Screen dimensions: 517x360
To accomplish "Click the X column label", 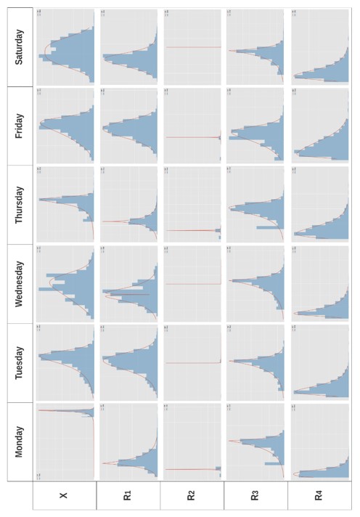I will point(65,496).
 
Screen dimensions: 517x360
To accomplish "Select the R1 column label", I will point(128,496).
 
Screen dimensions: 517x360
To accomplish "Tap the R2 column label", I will point(192,496).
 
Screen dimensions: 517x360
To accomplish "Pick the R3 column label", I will point(255,496).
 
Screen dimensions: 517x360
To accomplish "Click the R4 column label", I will point(319,496).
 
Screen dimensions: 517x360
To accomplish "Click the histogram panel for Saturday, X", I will point(65,47).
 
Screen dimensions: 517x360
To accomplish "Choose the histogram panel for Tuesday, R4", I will point(319,362).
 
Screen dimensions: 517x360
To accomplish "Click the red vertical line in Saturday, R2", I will point(192,48).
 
